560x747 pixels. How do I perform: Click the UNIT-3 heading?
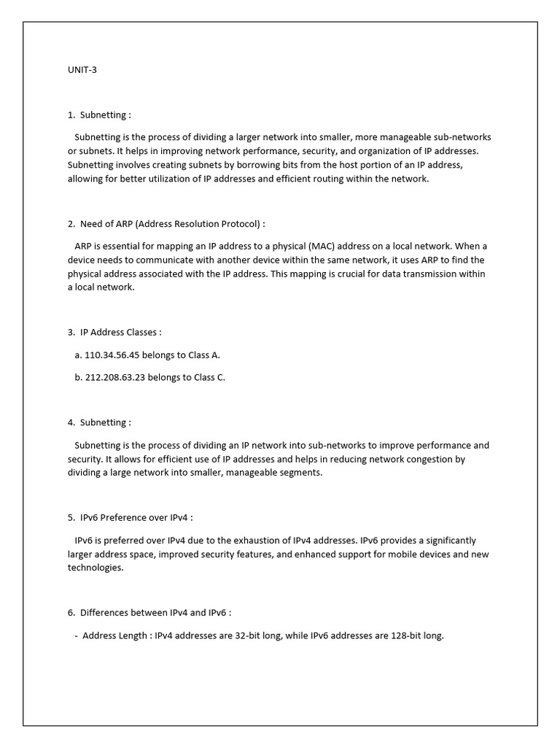pos(82,71)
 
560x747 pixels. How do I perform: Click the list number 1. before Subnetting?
pos(71,115)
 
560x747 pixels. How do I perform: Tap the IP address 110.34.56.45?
pos(115,355)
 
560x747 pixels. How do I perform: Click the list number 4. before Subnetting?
pos(71,422)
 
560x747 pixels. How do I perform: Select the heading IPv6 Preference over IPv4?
pos(135,517)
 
